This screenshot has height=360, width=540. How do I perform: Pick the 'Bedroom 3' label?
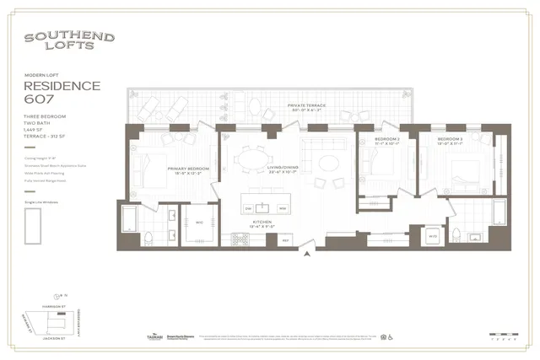point(450,141)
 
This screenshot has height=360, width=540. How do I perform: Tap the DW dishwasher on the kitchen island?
point(249,207)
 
